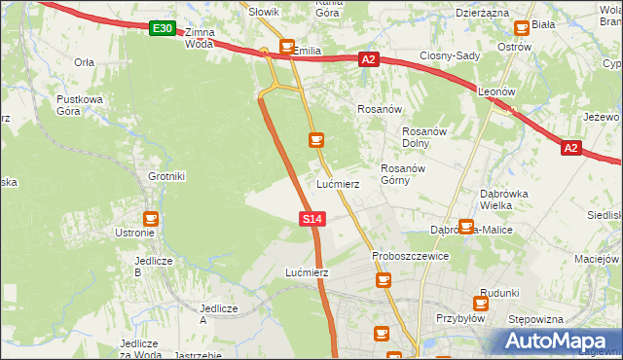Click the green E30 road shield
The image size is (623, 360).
(163, 29)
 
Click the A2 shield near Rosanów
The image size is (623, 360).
(368, 60)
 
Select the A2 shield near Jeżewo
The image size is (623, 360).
(571, 148)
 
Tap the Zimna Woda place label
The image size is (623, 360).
(200, 38)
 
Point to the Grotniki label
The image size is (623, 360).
(165, 176)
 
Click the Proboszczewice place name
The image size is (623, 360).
(410, 256)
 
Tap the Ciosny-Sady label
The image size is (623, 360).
(450, 55)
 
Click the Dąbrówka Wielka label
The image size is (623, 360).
(504, 199)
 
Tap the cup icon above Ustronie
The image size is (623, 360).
(150, 219)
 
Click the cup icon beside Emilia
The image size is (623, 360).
(287, 46)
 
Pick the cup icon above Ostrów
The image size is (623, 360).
(522, 28)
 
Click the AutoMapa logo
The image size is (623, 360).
(557, 341)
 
